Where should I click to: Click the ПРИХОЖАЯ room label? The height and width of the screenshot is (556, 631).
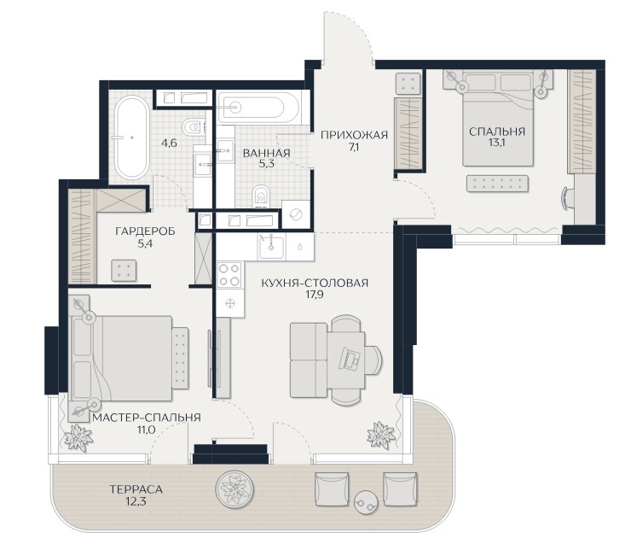[354, 135]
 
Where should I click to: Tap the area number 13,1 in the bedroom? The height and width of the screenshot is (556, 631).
[497, 143]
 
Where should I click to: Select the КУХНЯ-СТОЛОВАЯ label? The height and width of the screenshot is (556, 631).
[315, 283]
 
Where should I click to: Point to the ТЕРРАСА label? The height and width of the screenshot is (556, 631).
[136, 489]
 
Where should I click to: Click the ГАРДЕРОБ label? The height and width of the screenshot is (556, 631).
[145, 231]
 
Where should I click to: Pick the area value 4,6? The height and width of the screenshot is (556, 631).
[169, 143]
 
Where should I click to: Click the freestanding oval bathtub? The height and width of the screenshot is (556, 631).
[131, 138]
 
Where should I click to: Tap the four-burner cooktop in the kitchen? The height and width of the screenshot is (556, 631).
[229, 274]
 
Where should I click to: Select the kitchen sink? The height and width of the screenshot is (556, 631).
[271, 246]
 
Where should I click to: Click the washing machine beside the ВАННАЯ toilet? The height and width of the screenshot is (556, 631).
[296, 215]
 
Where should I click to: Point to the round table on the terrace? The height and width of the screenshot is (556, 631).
[366, 501]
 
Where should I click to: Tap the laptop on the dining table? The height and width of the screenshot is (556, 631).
[350, 358]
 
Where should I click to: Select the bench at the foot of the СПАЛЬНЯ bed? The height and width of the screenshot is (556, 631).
[497, 184]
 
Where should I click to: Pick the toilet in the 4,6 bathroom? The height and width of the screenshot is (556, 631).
[192, 127]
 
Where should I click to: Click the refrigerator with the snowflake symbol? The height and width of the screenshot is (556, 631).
[229, 303]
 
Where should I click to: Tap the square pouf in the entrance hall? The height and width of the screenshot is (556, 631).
[408, 83]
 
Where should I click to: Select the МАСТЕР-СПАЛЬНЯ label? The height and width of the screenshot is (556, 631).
[147, 418]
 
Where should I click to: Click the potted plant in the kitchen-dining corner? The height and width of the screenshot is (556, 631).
[380, 434]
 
